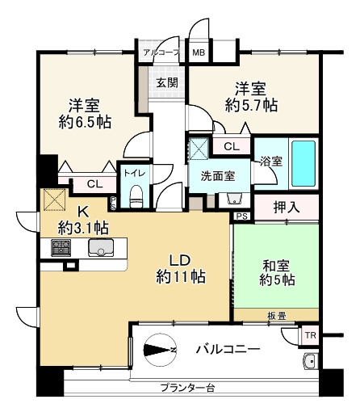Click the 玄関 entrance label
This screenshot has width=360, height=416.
point(167,82)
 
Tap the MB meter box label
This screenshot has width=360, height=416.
point(198,54)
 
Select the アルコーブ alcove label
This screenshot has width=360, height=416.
point(161,54)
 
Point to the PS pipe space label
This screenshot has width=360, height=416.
point(241,216)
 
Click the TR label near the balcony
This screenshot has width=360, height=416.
point(309,335)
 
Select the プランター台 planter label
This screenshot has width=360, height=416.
point(186,389)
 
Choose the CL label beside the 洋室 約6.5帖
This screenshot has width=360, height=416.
point(94,184)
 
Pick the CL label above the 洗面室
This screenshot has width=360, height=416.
point(232,146)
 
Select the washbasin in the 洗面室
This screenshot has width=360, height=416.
point(235,199)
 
